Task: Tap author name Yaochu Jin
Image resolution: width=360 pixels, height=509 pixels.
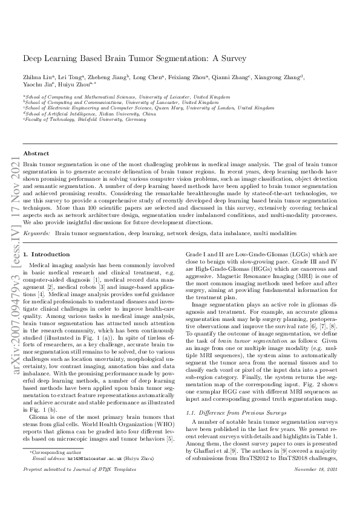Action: tap(35, 85)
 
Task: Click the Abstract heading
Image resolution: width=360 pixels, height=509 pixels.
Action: tap(35, 154)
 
